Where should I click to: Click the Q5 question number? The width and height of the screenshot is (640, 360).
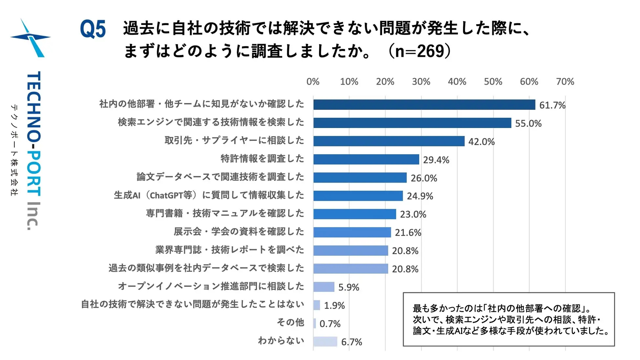93,29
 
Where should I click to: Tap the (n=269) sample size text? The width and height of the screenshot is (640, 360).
420,51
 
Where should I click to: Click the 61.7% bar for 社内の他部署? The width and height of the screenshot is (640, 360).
424,105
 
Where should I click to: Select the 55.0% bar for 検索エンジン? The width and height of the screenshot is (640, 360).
412,123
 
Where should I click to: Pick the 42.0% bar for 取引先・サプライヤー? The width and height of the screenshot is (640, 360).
389,141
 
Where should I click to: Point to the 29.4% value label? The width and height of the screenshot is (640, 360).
436,160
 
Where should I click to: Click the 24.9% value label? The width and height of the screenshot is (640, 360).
420,196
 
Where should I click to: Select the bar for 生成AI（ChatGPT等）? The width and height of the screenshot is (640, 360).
358,196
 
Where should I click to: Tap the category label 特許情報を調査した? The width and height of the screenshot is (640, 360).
262,159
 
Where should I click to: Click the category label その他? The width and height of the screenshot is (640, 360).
290,323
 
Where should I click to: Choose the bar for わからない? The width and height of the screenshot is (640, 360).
325,342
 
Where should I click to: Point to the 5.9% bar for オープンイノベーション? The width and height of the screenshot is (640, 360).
324,287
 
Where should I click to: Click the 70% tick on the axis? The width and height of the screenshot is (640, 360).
565,82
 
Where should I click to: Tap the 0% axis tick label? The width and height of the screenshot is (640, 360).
313,82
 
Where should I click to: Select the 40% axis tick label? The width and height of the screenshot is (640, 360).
457,82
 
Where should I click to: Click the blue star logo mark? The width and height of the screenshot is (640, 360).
31,38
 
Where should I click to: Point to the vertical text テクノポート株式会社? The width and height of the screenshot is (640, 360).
14,150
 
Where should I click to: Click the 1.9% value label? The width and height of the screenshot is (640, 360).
334,306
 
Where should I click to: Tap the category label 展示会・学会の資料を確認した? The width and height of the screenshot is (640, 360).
239,232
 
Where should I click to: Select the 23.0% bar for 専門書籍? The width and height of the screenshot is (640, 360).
354,214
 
